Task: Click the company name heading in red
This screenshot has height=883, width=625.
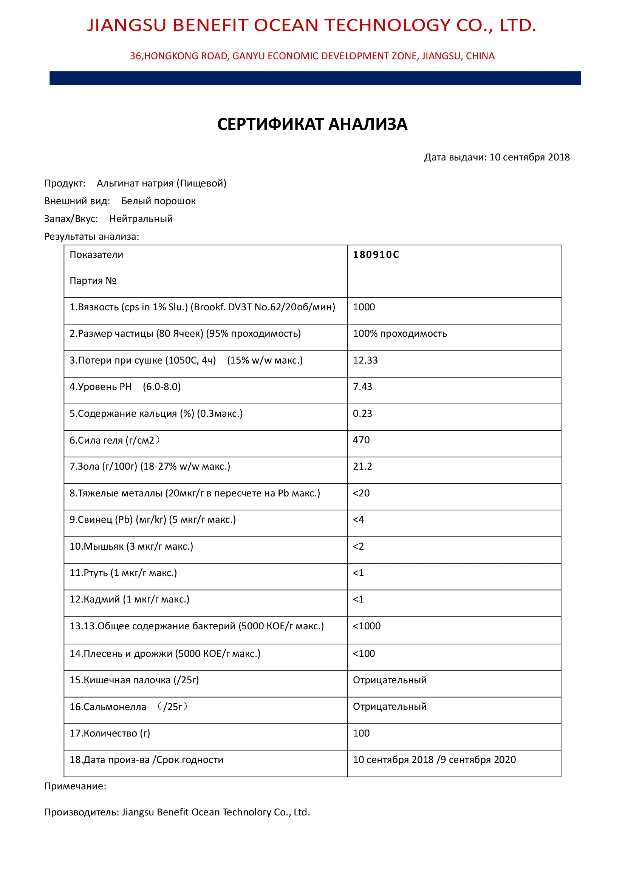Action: point(312,25)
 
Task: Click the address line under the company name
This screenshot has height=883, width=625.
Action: point(312,56)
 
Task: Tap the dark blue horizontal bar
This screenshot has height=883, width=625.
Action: point(315,78)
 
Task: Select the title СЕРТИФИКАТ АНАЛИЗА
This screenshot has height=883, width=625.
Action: point(312,124)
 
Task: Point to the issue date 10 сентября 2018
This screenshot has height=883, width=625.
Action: point(529,157)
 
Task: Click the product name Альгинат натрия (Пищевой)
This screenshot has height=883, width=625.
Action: point(162,183)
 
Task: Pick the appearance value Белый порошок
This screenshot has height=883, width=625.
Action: point(159,201)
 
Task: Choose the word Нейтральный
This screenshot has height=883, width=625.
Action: point(141,219)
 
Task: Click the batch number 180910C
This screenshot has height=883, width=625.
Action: point(376,254)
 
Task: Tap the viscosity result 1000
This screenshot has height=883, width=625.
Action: point(364,307)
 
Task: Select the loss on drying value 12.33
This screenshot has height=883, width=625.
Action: point(365,361)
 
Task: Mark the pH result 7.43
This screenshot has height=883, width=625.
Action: point(362,387)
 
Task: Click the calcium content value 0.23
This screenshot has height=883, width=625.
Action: point(362,413)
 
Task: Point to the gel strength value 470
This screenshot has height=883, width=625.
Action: point(361,440)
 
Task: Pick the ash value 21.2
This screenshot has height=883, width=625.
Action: point(362,467)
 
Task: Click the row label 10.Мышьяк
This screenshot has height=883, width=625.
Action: point(131,547)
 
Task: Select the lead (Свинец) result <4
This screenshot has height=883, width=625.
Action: point(358,519)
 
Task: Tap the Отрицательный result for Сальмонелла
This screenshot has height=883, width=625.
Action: point(390,706)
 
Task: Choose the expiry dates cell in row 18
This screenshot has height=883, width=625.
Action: point(434,760)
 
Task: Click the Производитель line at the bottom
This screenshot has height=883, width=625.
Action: point(177,812)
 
